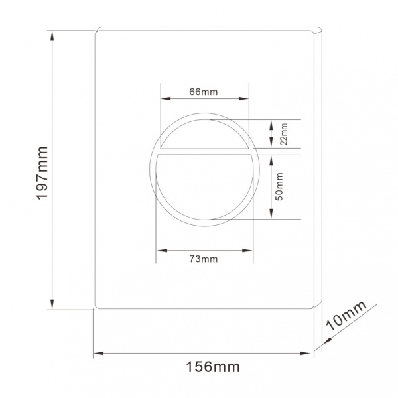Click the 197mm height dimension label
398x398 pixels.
[42, 173]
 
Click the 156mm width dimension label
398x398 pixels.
[213, 367]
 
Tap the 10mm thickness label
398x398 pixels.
[346, 316]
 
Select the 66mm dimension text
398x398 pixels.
[204, 92]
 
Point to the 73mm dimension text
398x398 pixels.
[204, 259]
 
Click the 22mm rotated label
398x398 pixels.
[285, 134]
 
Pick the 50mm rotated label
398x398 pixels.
[279, 186]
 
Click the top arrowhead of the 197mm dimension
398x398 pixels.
[52, 35]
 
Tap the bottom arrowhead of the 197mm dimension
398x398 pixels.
[52, 304]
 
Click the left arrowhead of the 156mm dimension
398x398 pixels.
[98, 353]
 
